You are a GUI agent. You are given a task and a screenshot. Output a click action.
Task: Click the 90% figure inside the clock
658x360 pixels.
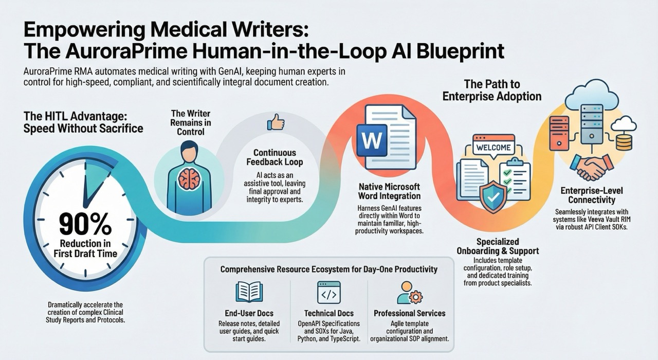tap(85, 223)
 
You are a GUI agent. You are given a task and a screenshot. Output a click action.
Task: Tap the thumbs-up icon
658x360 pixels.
tap(276, 122)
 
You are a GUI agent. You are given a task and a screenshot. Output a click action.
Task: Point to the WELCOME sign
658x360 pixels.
tap(493, 148)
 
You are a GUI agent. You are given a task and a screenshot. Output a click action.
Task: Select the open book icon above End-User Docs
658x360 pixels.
tap(249, 292)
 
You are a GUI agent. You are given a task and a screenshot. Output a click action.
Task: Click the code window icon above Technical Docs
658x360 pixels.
tap(329, 292)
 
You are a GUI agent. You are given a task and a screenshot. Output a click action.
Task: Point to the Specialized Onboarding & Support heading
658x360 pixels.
tap(498, 246)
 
